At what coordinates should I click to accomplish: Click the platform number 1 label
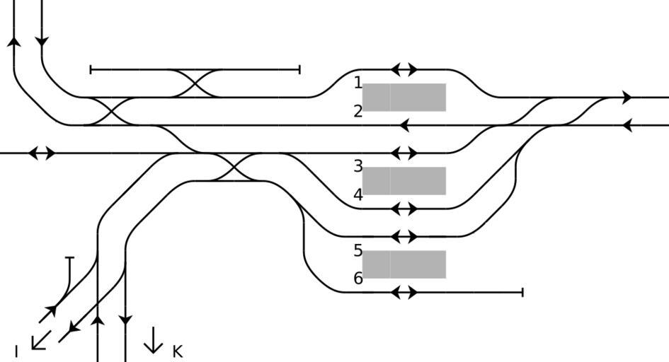[x=358, y=83]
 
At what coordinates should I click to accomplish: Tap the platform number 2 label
[x=358, y=111]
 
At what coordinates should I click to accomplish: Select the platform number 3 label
[x=358, y=166]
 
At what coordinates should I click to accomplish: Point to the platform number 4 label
[x=358, y=194]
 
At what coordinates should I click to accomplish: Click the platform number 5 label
[x=358, y=250]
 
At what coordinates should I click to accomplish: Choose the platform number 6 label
[x=358, y=279]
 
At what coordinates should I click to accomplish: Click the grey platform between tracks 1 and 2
[x=404, y=98]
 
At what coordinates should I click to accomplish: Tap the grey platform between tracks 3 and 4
[x=404, y=181]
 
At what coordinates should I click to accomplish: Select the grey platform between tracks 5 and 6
[x=404, y=264]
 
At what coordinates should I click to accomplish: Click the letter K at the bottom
[x=178, y=351]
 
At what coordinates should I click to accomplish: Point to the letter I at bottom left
[x=16, y=351]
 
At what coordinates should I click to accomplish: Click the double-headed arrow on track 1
[x=404, y=69]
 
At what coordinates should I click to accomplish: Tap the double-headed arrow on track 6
[x=404, y=292]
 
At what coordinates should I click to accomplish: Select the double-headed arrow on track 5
[x=404, y=236]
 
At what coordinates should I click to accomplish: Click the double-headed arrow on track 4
[x=404, y=209]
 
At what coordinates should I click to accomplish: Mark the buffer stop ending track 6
[x=522, y=292]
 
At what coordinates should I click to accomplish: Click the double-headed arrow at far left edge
[x=42, y=153]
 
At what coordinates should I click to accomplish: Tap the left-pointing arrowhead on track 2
[x=404, y=125]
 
